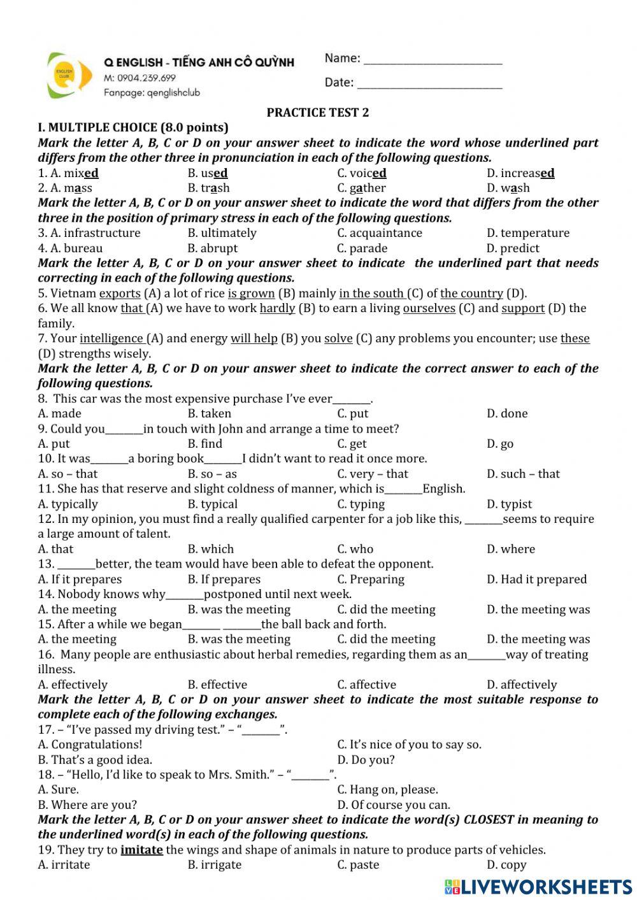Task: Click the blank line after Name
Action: tap(433, 63)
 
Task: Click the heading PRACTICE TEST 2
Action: tap(317, 113)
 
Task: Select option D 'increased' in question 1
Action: tap(520, 173)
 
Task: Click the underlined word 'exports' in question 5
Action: tap(120, 294)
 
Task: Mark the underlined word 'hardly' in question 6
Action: tap(277, 308)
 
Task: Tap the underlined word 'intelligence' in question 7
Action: tap(111, 339)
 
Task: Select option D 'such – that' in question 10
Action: tap(523, 474)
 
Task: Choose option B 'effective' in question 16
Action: tap(217, 685)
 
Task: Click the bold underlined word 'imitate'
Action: tap(141, 850)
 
